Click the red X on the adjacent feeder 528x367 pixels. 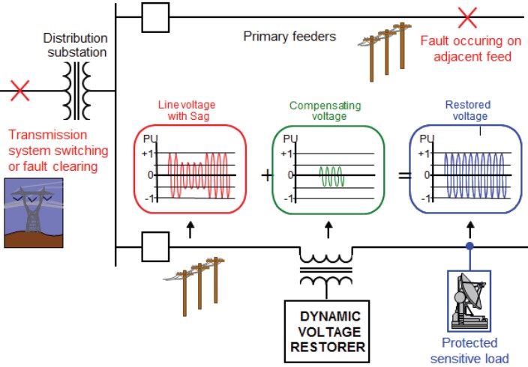tap(468, 16)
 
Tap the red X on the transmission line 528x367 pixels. tap(20, 91)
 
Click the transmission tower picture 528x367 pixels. tap(33, 213)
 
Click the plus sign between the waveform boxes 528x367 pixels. tap(267, 175)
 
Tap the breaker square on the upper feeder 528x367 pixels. tap(155, 17)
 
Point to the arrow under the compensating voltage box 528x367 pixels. tap(328, 228)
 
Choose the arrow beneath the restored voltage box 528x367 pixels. tap(470, 228)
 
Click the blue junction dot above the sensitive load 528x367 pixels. tap(470, 246)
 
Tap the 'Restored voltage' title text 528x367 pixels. tap(466, 111)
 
